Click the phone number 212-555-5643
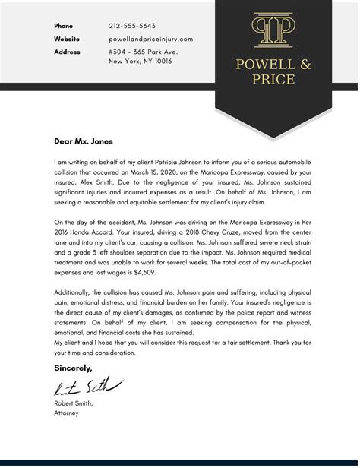click(132, 26)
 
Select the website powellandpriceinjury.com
click(150, 39)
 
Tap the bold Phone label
click(63, 26)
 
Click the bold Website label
click(67, 39)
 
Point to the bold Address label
click(68, 52)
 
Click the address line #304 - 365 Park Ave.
click(144, 52)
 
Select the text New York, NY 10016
click(141, 62)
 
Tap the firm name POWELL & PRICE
click(273, 71)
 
